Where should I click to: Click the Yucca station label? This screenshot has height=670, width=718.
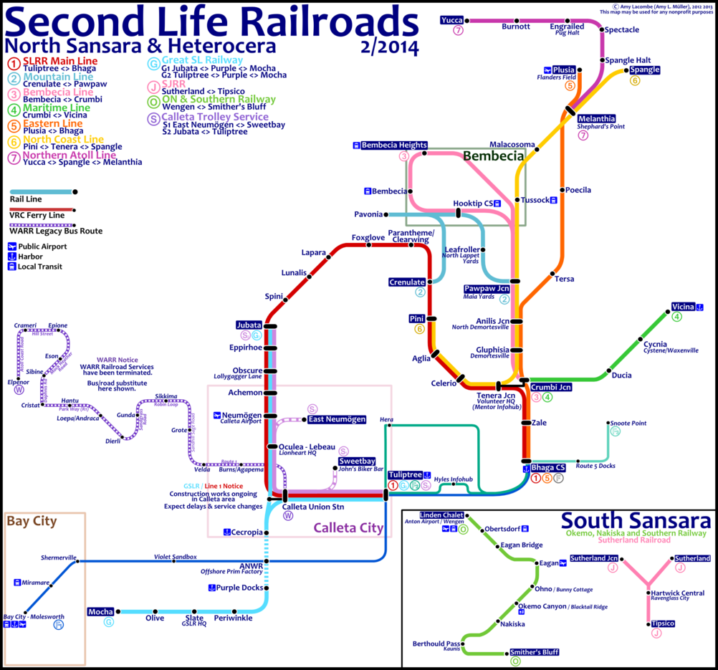click(453, 19)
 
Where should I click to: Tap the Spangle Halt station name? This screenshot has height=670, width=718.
click(628, 60)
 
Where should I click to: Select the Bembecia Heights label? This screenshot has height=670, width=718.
click(394, 145)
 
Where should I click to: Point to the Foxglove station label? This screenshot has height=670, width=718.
click(368, 237)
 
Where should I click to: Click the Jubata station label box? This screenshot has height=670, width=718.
click(249, 325)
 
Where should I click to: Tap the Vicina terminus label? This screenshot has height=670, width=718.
click(683, 307)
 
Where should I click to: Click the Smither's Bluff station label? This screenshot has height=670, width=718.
click(534, 652)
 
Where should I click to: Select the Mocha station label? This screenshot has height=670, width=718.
click(101, 611)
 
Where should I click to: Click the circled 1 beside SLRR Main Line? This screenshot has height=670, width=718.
click(14, 62)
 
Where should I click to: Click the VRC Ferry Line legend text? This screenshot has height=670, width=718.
click(37, 215)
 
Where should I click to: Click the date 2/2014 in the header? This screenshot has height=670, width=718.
click(391, 47)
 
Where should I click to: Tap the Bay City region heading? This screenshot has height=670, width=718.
click(32, 522)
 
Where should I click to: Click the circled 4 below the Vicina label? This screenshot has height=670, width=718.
click(677, 317)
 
